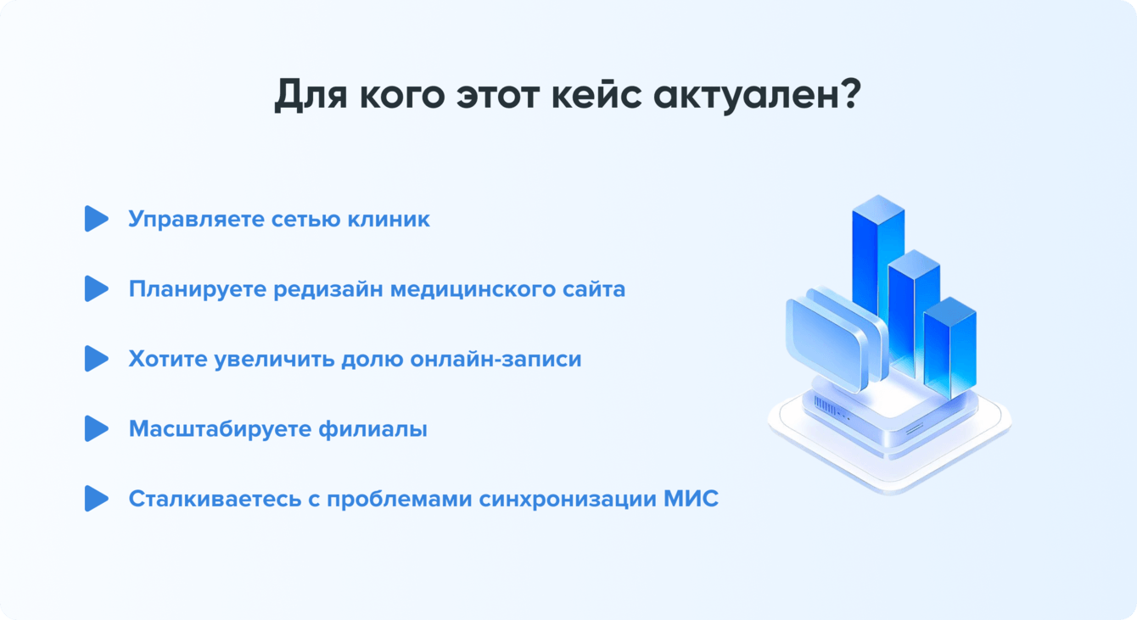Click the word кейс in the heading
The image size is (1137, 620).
(x=596, y=94)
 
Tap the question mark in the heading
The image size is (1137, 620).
(x=849, y=93)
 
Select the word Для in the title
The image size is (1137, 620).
(x=311, y=95)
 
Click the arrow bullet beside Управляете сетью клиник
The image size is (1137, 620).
(x=97, y=219)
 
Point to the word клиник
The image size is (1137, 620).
(x=389, y=219)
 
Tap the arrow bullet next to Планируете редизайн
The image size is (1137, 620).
(x=97, y=288)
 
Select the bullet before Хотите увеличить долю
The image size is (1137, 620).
(x=97, y=359)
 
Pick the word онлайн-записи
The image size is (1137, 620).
(x=496, y=360)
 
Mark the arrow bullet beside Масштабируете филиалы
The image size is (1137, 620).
(x=97, y=428)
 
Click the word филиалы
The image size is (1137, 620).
(x=372, y=429)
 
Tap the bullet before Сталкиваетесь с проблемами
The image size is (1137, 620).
(x=97, y=498)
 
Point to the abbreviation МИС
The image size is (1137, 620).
(x=691, y=499)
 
